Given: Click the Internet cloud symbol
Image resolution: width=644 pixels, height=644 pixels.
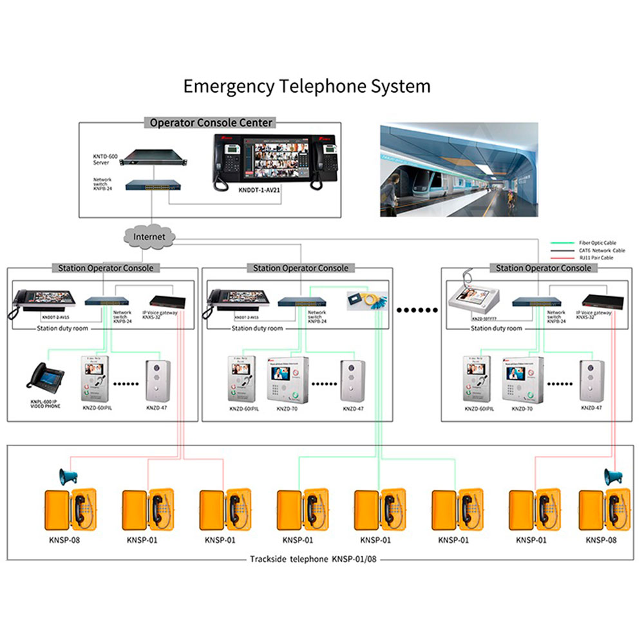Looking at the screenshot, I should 149,236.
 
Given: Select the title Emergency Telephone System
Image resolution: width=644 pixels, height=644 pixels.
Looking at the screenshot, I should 307,86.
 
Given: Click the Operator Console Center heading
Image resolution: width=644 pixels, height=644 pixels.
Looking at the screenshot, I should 211,122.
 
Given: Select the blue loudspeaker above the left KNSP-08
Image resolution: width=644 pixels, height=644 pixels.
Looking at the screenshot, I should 68,477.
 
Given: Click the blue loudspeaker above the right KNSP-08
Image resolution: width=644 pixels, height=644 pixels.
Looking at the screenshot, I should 613,477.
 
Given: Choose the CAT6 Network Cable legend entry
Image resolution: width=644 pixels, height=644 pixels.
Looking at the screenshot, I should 596,251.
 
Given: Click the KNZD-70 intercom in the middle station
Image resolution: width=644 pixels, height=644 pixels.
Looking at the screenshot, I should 288,380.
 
